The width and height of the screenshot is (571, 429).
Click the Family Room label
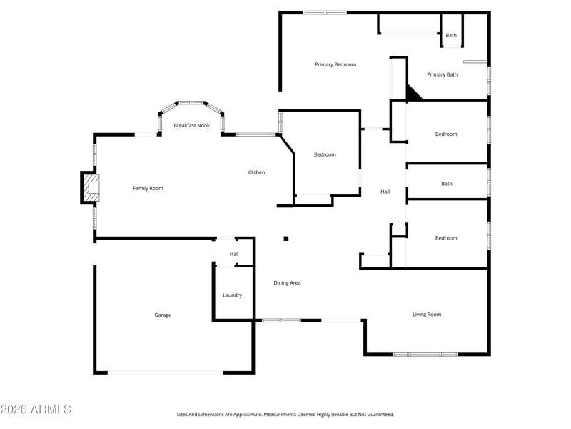click(x=148, y=188)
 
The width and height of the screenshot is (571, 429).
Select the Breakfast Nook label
click(x=191, y=125)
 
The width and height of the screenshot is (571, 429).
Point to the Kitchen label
click(x=256, y=172)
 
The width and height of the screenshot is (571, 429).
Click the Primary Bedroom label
click(x=335, y=64)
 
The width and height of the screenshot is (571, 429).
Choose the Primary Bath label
click(x=442, y=74)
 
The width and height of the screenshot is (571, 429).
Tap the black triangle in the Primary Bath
click(x=413, y=94)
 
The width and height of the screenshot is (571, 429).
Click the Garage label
click(x=163, y=315)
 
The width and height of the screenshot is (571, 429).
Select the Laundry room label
click(x=233, y=295)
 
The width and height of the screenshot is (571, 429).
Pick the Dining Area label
click(x=287, y=282)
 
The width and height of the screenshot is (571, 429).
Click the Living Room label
click(x=427, y=315)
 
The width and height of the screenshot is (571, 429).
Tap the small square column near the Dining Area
click(x=286, y=239)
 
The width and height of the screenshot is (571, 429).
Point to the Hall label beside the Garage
click(x=234, y=254)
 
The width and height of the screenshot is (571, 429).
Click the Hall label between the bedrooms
click(x=385, y=192)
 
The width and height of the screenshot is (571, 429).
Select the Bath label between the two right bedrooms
click(x=447, y=184)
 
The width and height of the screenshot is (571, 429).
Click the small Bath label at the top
click(x=451, y=35)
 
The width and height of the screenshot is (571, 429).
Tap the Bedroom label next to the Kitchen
click(x=325, y=154)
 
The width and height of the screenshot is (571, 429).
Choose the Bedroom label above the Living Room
click(x=446, y=238)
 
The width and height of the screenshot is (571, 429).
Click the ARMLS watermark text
click(x=36, y=409)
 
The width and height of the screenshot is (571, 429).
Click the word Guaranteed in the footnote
click(x=382, y=415)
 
